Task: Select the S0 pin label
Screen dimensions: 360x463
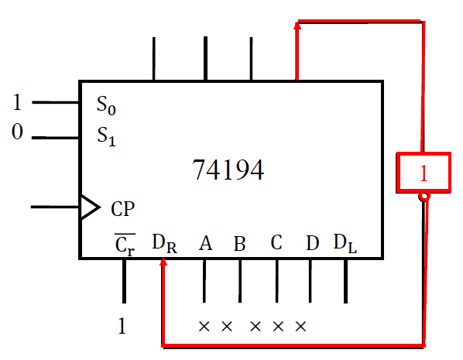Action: click(108, 104)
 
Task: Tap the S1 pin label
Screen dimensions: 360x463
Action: click(108, 135)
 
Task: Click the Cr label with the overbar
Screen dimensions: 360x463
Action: click(124, 245)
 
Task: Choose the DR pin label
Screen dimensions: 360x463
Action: click(163, 245)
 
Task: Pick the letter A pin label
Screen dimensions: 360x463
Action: click(205, 244)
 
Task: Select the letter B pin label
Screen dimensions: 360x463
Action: click(239, 245)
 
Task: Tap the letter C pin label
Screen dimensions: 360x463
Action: click(276, 243)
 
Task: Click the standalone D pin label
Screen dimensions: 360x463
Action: click(311, 244)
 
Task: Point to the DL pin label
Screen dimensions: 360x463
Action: click(345, 243)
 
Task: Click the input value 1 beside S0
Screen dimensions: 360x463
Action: click(17, 102)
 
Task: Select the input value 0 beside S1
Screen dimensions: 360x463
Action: click(17, 133)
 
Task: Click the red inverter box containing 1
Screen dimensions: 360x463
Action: click(423, 173)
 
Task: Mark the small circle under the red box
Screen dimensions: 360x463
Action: click(424, 197)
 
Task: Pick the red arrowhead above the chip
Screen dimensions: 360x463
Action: click(297, 27)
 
